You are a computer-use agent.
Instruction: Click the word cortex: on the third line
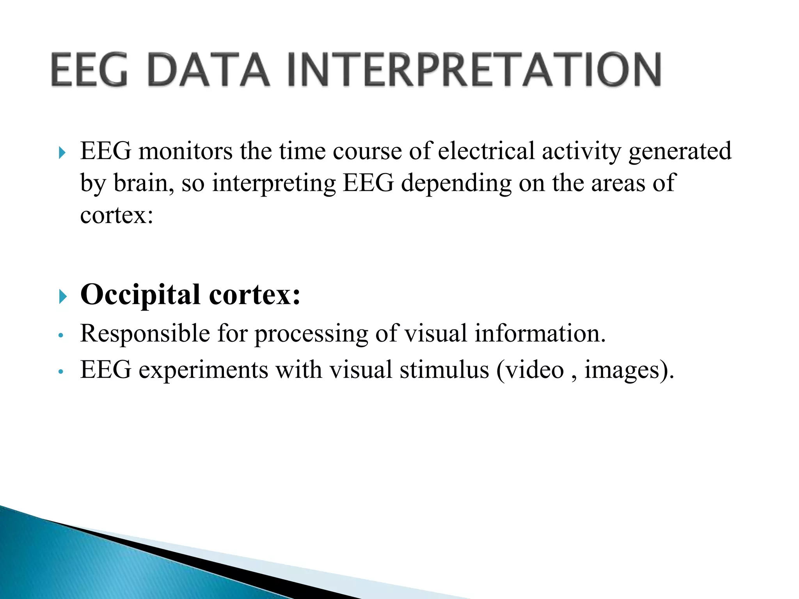[x=117, y=215]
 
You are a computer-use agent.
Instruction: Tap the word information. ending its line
[x=540, y=334]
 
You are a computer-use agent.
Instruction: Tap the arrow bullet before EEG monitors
[x=62, y=152]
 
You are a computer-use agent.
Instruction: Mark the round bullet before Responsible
[x=60, y=335]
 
